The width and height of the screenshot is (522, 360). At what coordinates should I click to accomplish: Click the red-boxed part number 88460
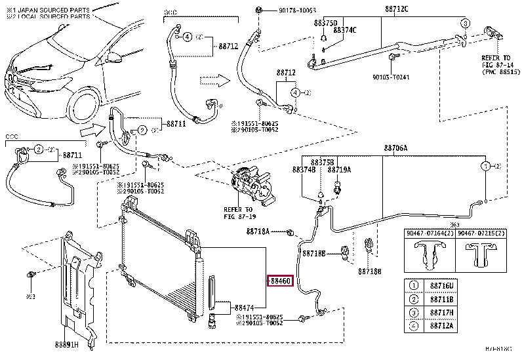coord(278,281)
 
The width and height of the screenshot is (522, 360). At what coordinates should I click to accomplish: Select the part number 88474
coord(242,306)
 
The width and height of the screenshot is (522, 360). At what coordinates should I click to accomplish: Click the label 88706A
coord(396,149)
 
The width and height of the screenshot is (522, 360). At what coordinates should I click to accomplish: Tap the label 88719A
coord(340,170)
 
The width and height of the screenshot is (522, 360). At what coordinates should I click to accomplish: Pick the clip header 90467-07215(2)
coord(481,233)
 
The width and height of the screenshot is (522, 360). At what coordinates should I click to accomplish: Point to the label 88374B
coord(304,170)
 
